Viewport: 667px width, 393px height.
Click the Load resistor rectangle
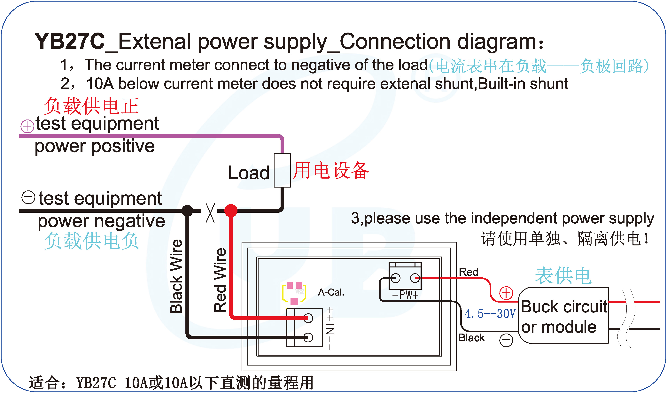282,170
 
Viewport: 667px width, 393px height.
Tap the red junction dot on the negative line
231,211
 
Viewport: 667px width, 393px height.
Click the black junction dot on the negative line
188,211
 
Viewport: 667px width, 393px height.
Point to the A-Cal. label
331,292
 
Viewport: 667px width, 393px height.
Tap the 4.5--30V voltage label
490,314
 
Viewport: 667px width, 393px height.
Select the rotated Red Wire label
220,281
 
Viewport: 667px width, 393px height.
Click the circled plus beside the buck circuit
506,293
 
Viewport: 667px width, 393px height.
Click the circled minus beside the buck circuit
506,340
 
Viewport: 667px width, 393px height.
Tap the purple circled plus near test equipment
27,126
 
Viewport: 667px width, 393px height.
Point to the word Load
249,173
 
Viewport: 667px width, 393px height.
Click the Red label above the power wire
468,272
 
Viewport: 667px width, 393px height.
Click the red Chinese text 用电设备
331,171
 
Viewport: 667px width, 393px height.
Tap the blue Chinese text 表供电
563,276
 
